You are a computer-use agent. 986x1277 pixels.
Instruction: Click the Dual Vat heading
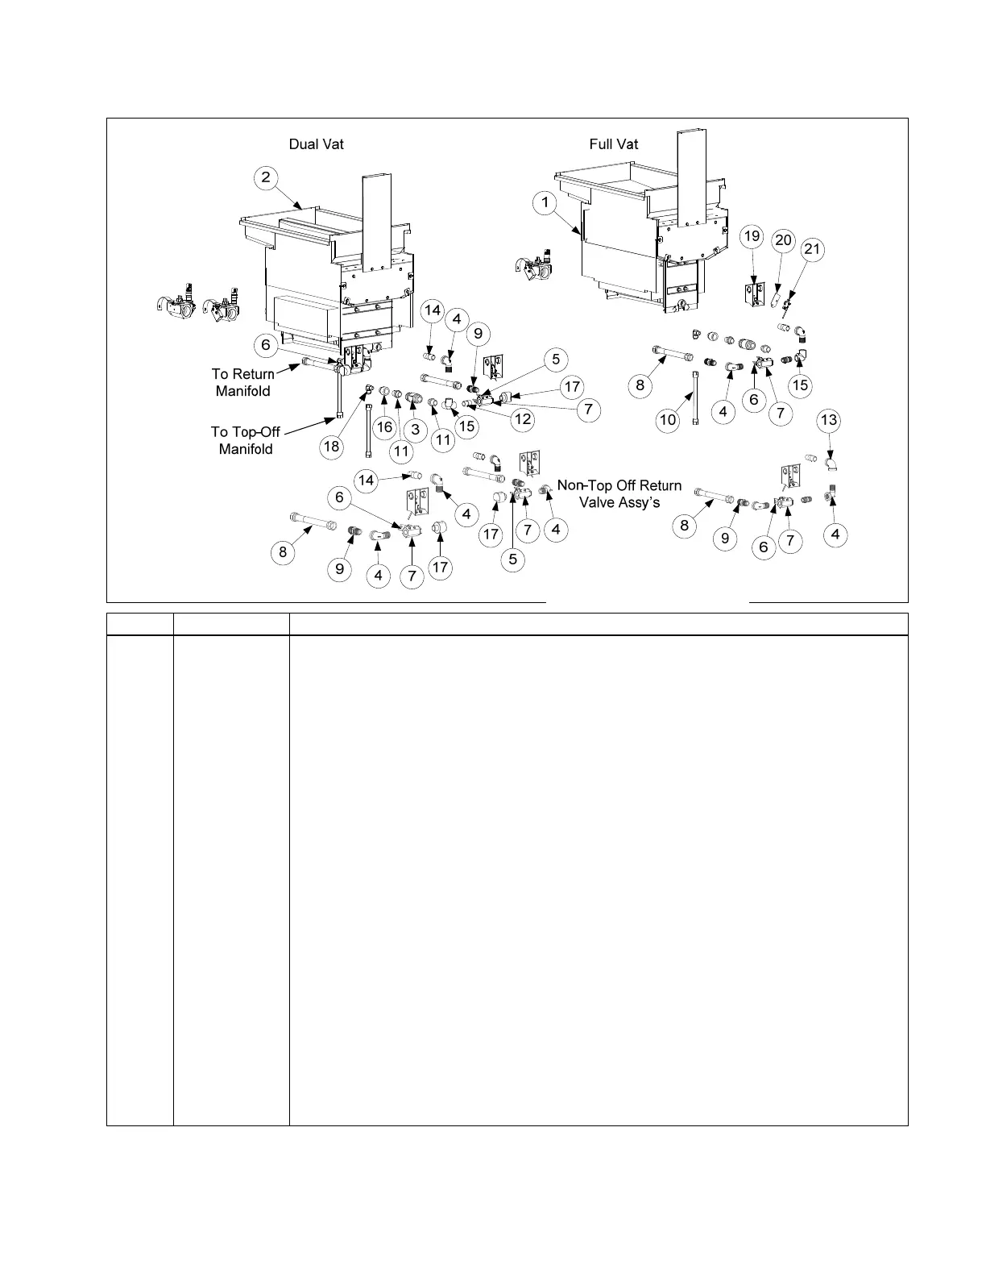click(317, 144)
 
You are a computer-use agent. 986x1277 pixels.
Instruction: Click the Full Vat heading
click(614, 144)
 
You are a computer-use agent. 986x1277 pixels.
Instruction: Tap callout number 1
click(545, 202)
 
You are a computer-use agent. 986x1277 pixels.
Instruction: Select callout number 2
click(267, 178)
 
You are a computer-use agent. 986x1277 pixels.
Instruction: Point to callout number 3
click(415, 431)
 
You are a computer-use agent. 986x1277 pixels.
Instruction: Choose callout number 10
click(669, 420)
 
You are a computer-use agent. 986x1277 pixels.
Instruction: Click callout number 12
click(523, 419)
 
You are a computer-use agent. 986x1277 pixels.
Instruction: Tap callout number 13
click(829, 420)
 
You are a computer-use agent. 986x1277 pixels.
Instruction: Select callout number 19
click(752, 236)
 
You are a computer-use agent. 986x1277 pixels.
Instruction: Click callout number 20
click(783, 240)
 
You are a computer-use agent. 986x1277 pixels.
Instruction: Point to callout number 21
click(812, 249)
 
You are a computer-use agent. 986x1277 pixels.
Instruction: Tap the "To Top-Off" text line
click(246, 432)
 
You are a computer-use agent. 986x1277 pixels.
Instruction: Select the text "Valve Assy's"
click(619, 502)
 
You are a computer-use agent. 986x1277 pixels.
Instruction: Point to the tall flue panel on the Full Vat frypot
click(690, 177)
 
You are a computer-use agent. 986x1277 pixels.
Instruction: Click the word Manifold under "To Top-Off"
click(246, 449)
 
